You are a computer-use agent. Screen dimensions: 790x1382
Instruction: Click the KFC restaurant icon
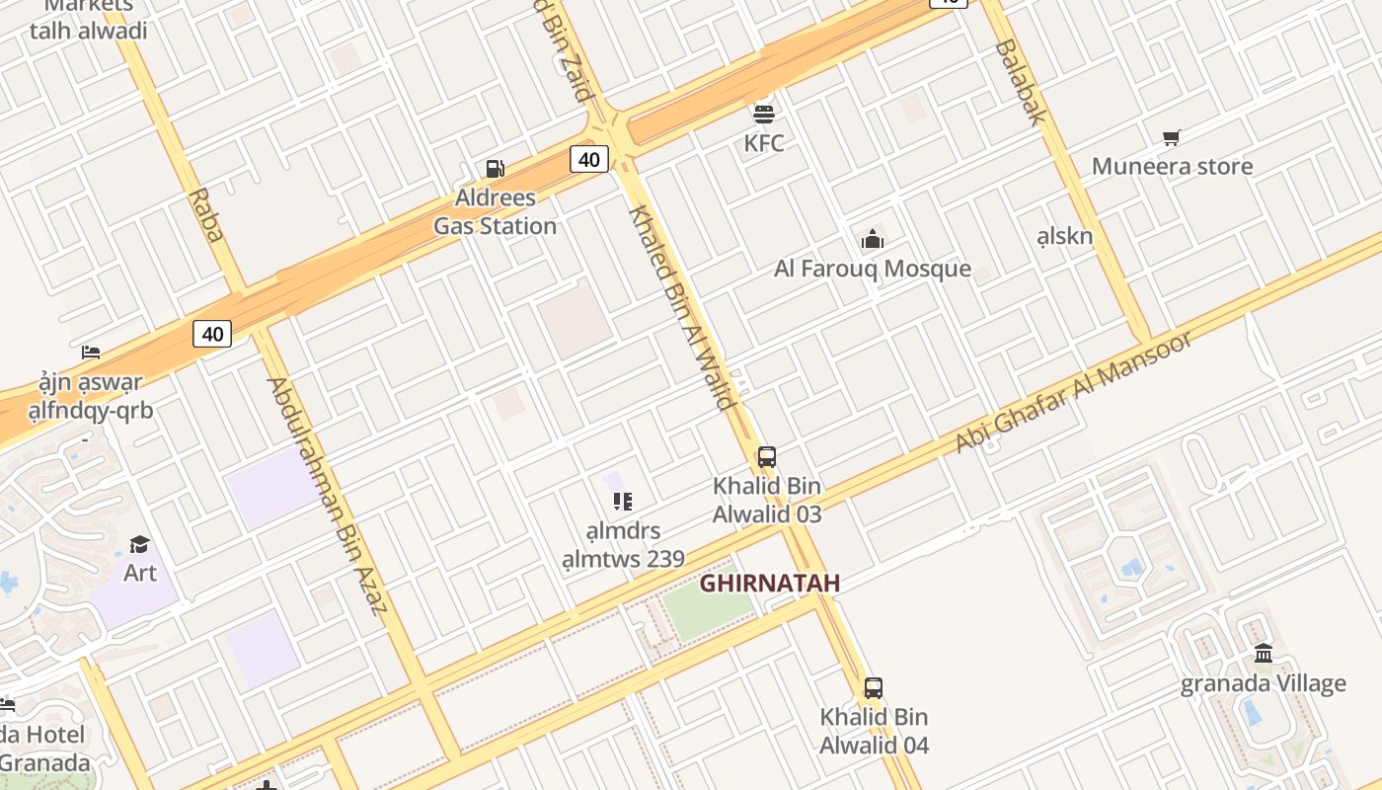(x=764, y=114)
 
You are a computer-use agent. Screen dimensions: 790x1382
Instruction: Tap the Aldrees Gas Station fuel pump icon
(x=495, y=169)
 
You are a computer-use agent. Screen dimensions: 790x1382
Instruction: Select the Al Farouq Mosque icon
(x=872, y=239)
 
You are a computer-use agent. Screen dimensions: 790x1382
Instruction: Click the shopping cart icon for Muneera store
(x=1172, y=137)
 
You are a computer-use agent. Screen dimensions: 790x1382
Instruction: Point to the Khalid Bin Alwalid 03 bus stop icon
(x=766, y=457)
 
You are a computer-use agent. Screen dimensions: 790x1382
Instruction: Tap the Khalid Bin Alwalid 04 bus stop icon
(x=874, y=688)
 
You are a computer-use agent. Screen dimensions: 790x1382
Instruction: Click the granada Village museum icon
(x=1264, y=654)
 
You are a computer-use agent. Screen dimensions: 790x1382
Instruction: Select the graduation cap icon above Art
(x=139, y=544)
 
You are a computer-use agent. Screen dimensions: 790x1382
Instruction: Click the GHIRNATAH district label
(x=770, y=584)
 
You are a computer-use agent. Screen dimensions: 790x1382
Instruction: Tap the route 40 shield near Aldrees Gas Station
(x=588, y=159)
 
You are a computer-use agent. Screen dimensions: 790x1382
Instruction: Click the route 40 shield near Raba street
(x=212, y=334)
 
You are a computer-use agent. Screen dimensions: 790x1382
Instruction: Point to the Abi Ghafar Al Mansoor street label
(x=1074, y=392)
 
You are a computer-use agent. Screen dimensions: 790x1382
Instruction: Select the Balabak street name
(x=1020, y=82)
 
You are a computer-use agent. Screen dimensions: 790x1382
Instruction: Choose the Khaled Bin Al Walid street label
(x=682, y=306)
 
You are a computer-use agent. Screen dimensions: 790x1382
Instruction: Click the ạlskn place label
(x=1065, y=236)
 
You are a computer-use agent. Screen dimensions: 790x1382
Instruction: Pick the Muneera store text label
(x=1172, y=166)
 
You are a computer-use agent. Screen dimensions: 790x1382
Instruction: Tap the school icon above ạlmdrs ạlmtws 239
(x=622, y=502)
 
